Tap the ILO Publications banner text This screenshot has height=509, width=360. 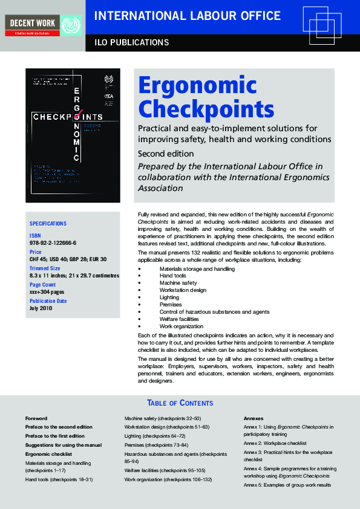(131, 42)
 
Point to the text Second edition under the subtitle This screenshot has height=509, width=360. (166, 154)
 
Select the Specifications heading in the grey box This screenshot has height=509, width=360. (48, 224)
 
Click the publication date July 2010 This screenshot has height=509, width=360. (41, 308)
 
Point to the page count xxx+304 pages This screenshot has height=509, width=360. (47, 292)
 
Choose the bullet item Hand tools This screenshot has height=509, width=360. (173, 276)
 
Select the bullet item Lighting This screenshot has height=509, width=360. (170, 297)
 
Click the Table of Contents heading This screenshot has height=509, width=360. (180, 403)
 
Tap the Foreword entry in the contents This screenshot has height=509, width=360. (36, 418)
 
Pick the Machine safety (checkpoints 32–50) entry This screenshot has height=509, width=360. (162, 418)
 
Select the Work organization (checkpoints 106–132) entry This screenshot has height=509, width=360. (168, 479)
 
